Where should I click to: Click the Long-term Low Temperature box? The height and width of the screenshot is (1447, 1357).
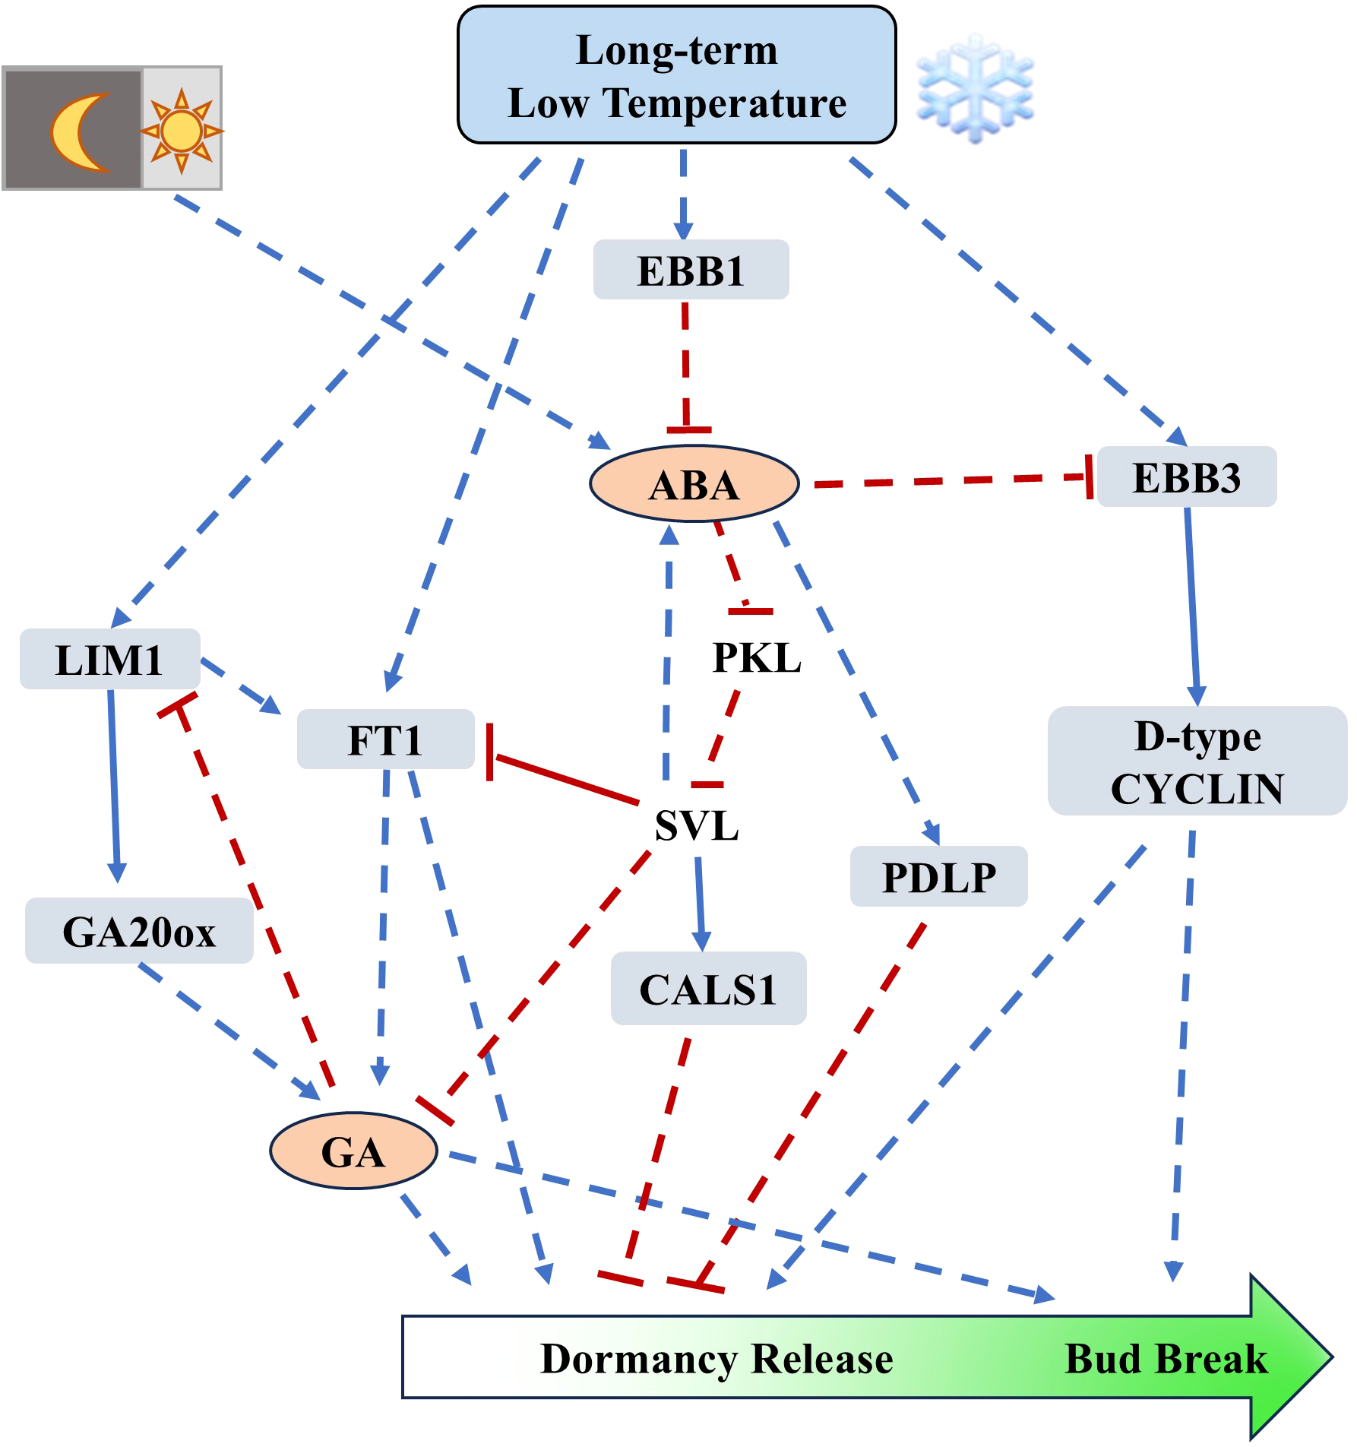tap(676, 75)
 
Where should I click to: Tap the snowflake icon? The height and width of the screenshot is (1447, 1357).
tap(975, 88)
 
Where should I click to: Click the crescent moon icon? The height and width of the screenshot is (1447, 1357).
tap(80, 131)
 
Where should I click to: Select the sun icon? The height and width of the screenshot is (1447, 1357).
tap(182, 131)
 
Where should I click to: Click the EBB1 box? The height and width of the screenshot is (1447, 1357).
tap(691, 271)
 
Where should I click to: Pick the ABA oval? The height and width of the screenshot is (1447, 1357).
tap(694, 484)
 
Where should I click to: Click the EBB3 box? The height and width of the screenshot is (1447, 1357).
tap(1186, 477)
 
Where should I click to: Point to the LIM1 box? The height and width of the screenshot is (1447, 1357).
tap(109, 659)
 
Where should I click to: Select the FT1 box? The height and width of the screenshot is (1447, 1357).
tap(385, 739)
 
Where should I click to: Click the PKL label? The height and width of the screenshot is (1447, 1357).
tap(757, 657)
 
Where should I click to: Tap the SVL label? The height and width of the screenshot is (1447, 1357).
tap(697, 825)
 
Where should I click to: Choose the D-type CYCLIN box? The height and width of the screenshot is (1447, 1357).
tap(1197, 761)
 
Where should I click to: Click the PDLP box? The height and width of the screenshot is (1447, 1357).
tap(938, 877)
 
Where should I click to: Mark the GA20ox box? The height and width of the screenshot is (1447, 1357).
tap(139, 931)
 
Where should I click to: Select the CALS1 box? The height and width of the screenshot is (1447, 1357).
tap(708, 989)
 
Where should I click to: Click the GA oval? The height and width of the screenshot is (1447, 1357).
tap(353, 1151)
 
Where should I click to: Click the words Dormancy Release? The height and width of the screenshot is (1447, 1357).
tap(716, 1358)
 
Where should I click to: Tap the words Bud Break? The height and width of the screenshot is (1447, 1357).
tap(1166, 1358)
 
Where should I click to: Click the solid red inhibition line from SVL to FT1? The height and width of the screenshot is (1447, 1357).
tap(566, 780)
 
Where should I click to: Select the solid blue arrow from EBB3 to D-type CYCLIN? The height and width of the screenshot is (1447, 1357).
tap(1192, 604)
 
